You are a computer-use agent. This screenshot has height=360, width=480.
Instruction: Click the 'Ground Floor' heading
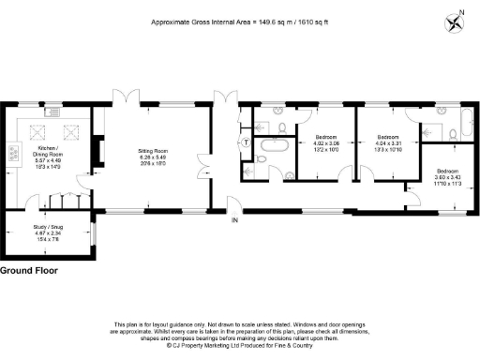click(x=29, y=270)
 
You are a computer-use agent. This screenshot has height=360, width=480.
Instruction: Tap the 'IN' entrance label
click(x=236, y=221)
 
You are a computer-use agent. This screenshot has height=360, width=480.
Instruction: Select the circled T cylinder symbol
click(x=246, y=142)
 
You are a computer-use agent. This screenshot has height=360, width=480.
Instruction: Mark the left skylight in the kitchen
click(x=40, y=132)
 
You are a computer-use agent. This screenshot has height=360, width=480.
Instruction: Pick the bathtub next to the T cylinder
click(x=276, y=145)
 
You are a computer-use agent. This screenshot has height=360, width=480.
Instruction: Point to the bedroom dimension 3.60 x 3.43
click(x=448, y=177)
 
